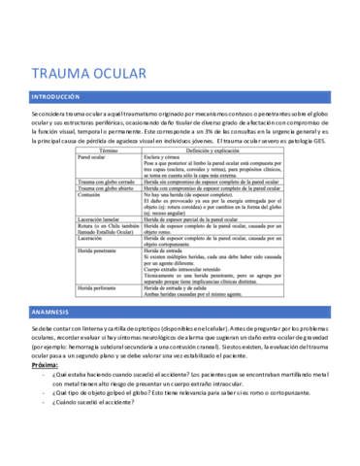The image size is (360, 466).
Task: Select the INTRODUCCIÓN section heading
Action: [60, 98]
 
